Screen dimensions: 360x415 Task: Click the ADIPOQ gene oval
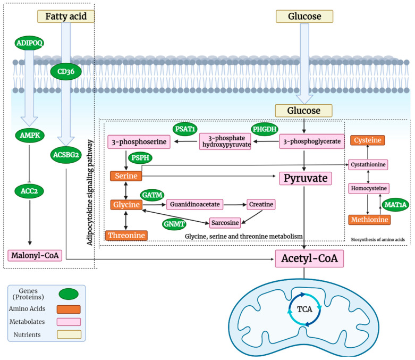pos(30,43)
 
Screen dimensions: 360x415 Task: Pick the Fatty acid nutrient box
pos(66,16)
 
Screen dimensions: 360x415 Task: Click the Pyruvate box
pos(306,178)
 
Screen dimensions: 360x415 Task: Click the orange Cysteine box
pos(367,141)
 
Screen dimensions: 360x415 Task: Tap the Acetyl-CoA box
pos(306,259)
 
